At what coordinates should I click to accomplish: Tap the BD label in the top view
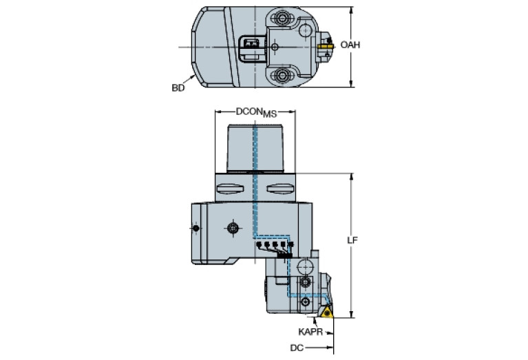178,88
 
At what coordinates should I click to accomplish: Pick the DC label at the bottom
296,348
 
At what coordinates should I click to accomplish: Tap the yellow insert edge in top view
326,46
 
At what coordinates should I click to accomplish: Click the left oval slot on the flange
231,189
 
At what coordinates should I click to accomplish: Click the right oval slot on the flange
279,189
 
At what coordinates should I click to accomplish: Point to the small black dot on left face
196,228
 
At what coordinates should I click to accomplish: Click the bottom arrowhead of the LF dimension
352,317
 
